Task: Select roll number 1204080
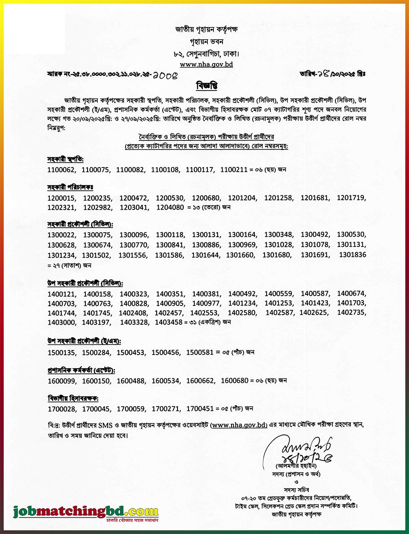[170, 207]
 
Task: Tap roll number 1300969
[242, 245]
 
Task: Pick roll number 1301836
[353, 255]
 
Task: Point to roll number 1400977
[206, 303]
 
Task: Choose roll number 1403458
[169, 322]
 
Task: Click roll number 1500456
[166, 352]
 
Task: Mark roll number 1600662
[200, 380]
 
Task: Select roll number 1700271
[166, 408]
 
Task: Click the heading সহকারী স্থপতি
[65, 159]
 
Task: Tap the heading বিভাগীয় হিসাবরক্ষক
[73, 398]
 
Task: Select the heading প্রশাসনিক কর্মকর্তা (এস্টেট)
[81, 370]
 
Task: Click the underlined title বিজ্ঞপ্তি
[207, 86]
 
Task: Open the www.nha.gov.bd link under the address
[207, 64]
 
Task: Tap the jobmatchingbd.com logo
[85, 512]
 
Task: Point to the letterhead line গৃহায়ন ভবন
[207, 42]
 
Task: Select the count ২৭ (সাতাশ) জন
[70, 265]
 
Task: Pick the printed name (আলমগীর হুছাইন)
[297, 466]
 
